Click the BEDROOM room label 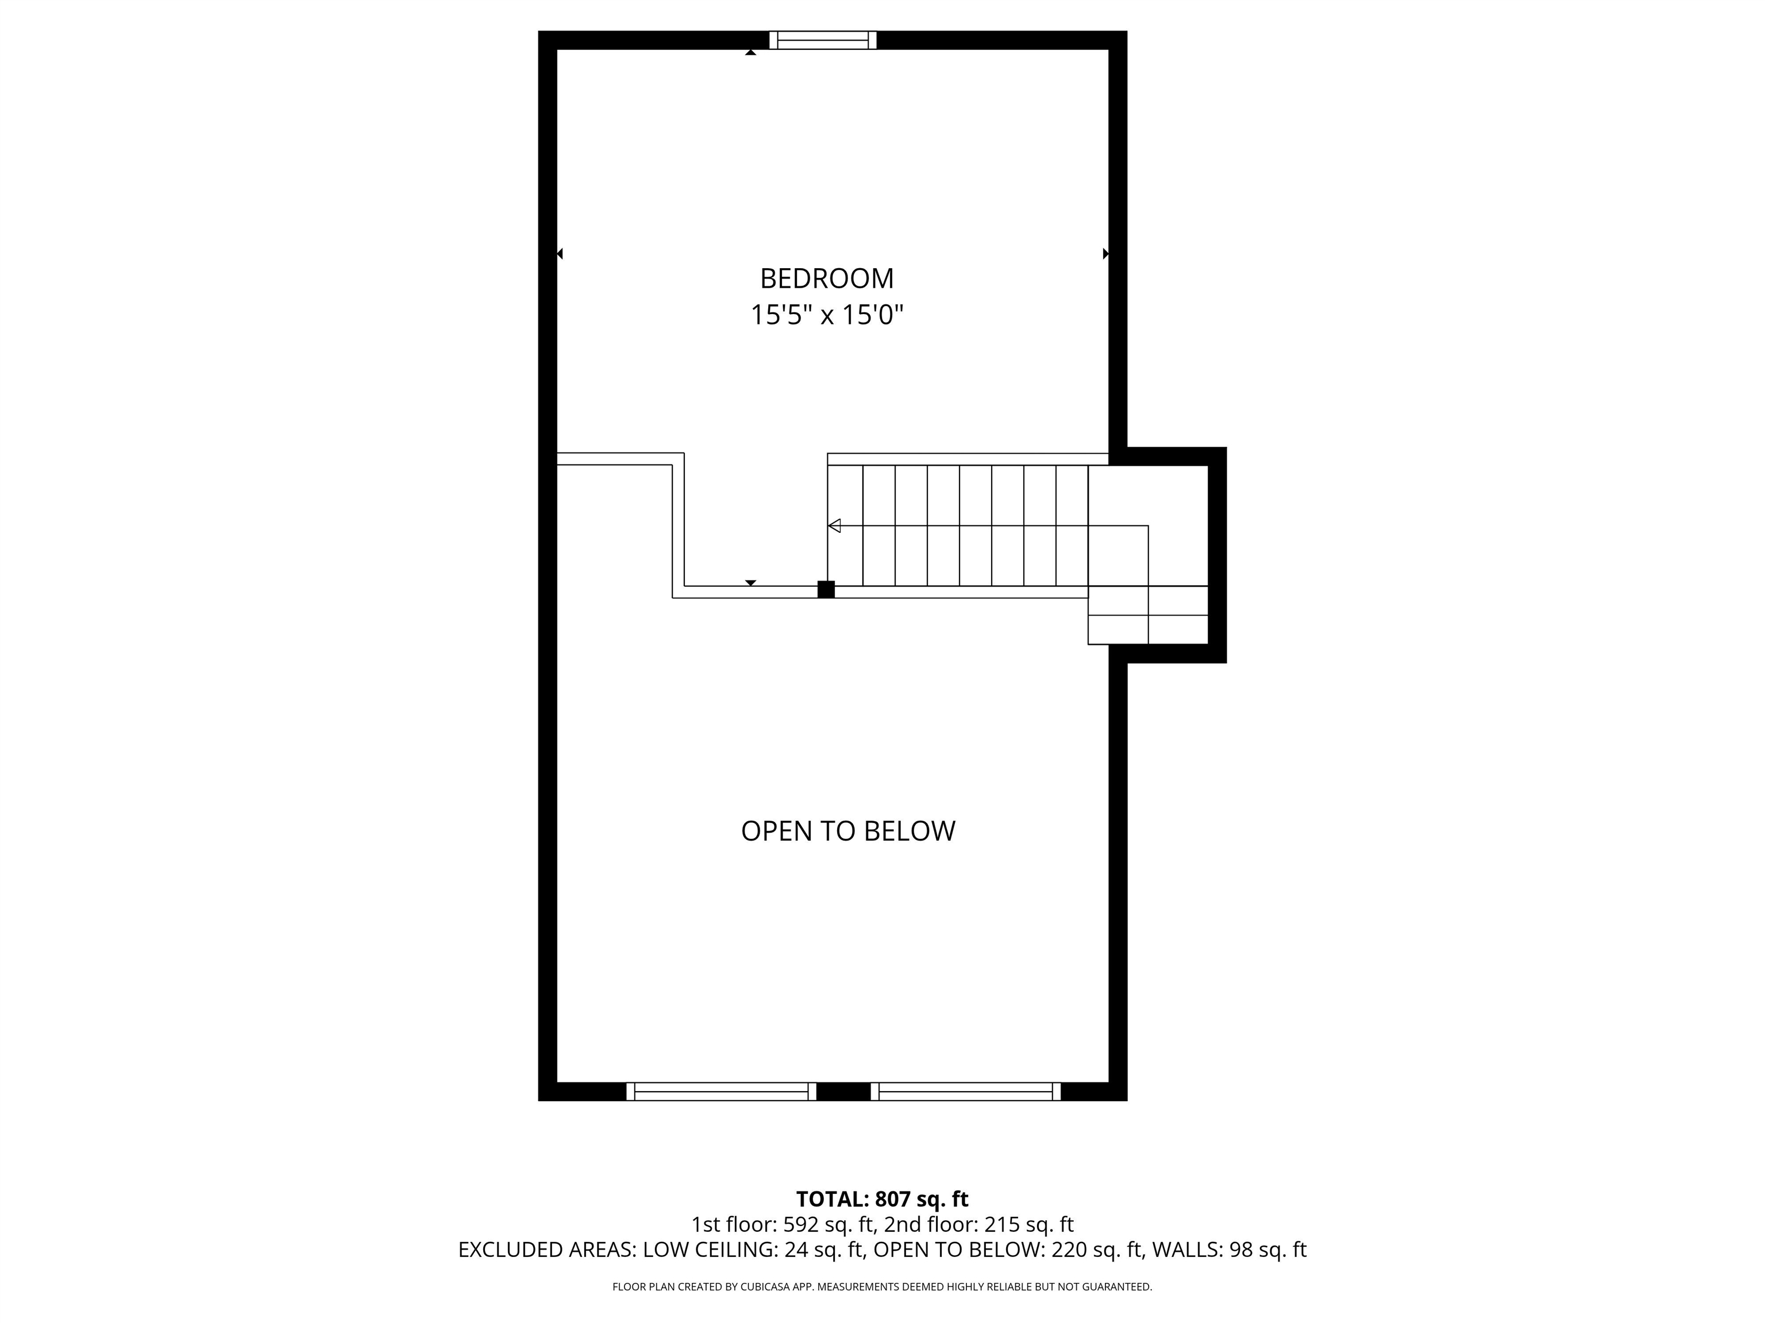click(827, 278)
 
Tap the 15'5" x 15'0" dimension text click(827, 315)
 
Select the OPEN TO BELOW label click(848, 831)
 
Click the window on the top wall click(823, 40)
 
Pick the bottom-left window click(721, 1092)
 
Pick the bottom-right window click(965, 1092)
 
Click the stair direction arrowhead click(835, 525)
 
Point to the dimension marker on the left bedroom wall click(560, 254)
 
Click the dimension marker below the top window click(750, 53)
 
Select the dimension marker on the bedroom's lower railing click(750, 583)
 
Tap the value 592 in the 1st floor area click(800, 1224)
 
